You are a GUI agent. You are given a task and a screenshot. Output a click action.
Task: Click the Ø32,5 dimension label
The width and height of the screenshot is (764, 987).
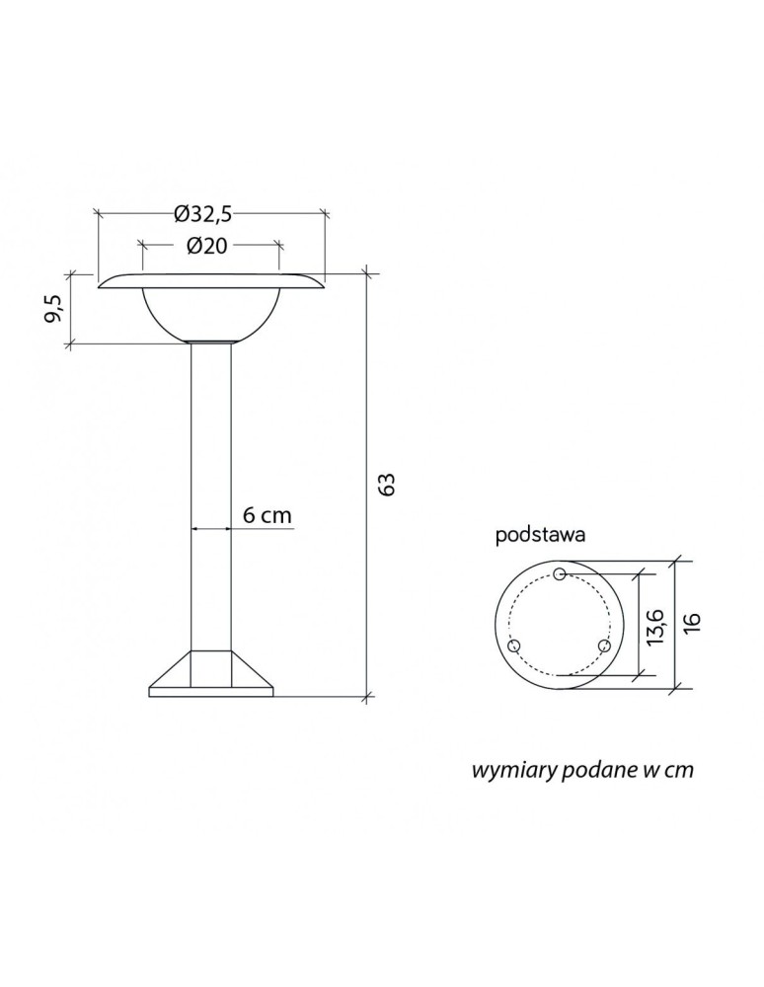pos(203,214)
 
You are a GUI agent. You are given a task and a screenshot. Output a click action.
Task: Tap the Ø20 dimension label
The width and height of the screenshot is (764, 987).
pos(206,246)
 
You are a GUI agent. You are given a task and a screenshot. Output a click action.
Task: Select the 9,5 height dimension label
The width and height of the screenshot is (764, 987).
pos(54,308)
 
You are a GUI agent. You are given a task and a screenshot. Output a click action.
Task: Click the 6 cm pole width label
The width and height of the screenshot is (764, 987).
pos(267,515)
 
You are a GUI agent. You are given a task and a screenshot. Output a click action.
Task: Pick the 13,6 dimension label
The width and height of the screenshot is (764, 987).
pos(654,626)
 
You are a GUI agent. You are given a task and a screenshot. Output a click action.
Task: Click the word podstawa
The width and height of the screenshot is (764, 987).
pos(541,536)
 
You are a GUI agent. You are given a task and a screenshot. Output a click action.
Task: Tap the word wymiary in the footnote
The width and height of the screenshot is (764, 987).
pos(512,771)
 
